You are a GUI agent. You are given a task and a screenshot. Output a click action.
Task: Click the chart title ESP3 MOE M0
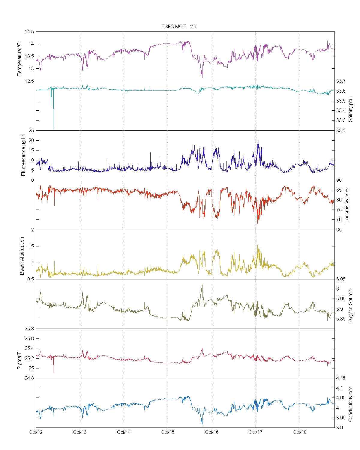click(x=179, y=26)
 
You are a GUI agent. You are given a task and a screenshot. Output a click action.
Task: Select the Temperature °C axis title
click(x=19, y=59)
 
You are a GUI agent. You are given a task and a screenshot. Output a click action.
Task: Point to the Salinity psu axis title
click(x=351, y=110)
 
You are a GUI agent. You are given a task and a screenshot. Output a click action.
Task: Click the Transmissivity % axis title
click(x=347, y=206)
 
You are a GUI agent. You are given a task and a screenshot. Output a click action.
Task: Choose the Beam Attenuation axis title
click(x=22, y=256)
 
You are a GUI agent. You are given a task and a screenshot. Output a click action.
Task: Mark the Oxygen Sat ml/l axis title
click(x=351, y=306)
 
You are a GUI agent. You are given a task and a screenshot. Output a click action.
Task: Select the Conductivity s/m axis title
click(x=351, y=404)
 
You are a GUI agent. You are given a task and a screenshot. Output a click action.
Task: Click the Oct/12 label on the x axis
click(x=36, y=432)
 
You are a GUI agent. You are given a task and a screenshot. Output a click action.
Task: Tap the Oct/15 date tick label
click(x=168, y=432)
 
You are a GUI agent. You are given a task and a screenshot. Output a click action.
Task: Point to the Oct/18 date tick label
click(x=300, y=432)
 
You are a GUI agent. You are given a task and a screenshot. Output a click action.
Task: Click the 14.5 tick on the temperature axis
click(x=29, y=32)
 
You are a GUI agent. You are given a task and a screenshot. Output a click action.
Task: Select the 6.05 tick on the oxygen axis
click(x=340, y=279)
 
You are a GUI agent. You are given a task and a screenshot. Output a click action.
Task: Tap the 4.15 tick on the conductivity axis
click(x=340, y=378)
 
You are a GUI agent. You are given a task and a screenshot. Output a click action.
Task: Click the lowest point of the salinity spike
click(x=53, y=128)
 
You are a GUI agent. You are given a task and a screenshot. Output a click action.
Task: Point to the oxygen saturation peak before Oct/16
click(x=202, y=284)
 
